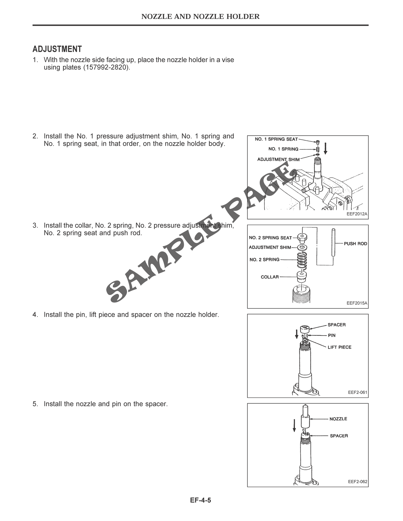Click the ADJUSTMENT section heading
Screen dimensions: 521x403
coord(57,49)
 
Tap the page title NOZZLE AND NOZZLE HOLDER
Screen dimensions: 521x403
coord(200,17)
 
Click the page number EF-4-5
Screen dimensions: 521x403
coord(200,500)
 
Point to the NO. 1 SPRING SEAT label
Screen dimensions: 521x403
coord(276,139)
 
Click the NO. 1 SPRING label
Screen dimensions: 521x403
coord(283,149)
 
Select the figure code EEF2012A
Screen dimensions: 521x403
coord(357,214)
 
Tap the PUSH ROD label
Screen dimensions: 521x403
coord(355,243)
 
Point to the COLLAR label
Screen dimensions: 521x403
coord(269,277)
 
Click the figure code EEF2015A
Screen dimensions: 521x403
coord(357,303)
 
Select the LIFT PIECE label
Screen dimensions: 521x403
coord(339,347)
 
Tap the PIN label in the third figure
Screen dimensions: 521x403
coord(332,335)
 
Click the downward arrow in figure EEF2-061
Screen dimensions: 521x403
coord(297,334)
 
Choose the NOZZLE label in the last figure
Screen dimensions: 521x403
coord(338,419)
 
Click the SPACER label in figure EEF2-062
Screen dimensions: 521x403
coord(339,436)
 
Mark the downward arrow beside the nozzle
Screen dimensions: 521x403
coord(294,425)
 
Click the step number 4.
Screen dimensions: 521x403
coord(35,315)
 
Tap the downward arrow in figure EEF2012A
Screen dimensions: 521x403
coord(325,148)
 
